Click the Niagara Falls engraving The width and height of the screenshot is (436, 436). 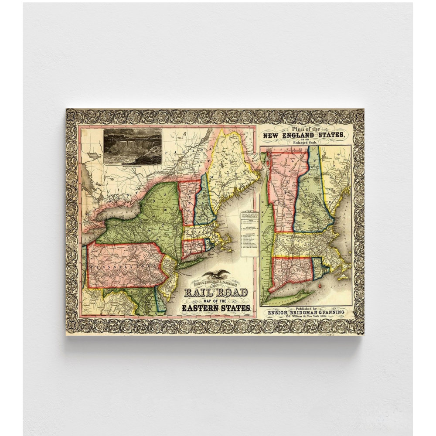point(133,146)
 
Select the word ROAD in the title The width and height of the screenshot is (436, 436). point(233,292)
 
